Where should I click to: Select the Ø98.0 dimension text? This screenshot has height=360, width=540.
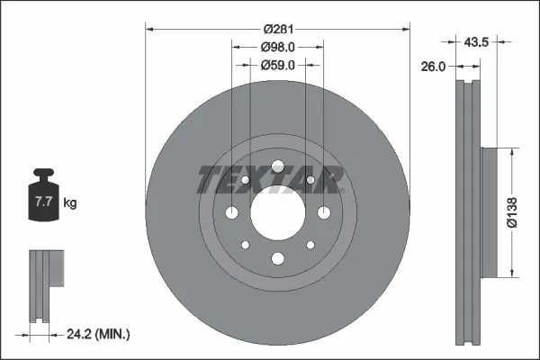pyautogui.click(x=278, y=47)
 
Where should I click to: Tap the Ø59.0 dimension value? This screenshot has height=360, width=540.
pyautogui.click(x=278, y=65)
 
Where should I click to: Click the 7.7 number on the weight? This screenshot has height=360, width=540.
pyautogui.click(x=43, y=203)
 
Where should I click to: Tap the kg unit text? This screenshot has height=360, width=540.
pyautogui.click(x=70, y=203)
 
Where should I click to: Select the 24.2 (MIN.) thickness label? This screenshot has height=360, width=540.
pyautogui.click(x=98, y=335)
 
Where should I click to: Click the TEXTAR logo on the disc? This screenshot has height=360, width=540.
pyautogui.click(x=271, y=180)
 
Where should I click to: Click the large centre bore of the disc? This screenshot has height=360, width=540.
pyautogui.click(x=277, y=212)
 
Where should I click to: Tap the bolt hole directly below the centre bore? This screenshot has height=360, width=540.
pyautogui.click(x=277, y=259)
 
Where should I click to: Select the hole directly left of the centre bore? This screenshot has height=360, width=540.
pyautogui.click(x=232, y=212)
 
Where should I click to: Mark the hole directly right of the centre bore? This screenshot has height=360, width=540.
pyautogui.click(x=323, y=212)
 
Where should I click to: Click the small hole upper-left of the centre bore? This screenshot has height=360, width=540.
pyautogui.click(x=245, y=181)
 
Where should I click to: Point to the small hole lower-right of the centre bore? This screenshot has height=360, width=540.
pyautogui.click(x=310, y=245)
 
